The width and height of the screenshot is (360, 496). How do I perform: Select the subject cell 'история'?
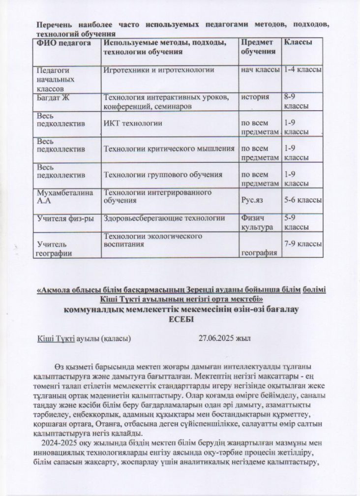(x=255, y=97)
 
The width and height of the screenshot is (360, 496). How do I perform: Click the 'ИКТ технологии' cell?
(x=133, y=123)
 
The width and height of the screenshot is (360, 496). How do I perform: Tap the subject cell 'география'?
(x=259, y=253)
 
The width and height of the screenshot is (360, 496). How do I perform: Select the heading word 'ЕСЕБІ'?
(x=180, y=319)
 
